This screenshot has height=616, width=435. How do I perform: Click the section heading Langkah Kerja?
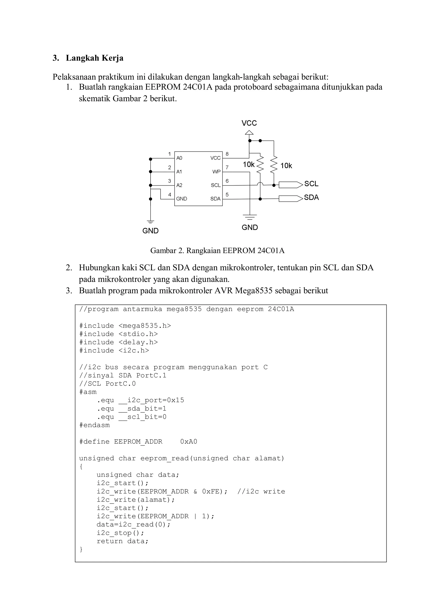(x=94, y=58)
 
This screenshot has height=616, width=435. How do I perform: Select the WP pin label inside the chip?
(x=216, y=172)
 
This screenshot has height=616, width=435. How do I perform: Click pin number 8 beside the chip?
(x=227, y=154)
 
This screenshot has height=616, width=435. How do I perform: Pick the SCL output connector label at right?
(x=311, y=184)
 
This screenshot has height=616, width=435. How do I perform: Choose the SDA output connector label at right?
(x=311, y=197)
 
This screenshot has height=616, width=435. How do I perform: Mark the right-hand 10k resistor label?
(x=286, y=166)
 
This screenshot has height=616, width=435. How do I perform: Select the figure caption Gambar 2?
(x=217, y=251)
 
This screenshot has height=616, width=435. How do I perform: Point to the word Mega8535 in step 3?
(x=254, y=291)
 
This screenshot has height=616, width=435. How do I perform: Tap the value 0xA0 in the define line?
(x=189, y=442)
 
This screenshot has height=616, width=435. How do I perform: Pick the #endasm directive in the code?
(x=95, y=425)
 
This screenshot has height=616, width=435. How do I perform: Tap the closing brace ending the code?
(x=81, y=550)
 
